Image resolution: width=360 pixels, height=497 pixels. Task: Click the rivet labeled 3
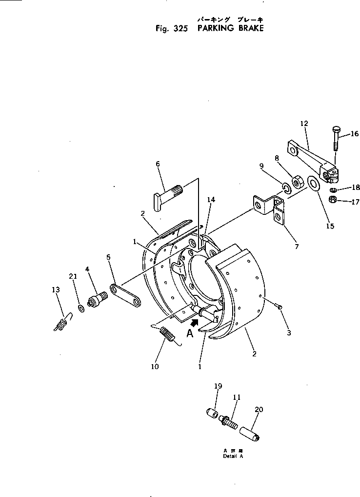pyautogui.click(x=279, y=306)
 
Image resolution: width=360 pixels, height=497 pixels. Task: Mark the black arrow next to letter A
pyautogui.click(x=195, y=323)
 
